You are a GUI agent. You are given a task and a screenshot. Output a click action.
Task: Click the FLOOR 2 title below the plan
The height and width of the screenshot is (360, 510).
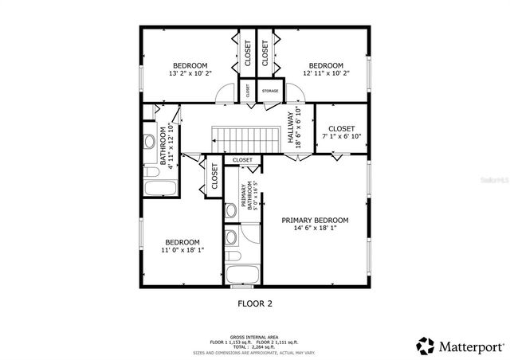coord(255,303)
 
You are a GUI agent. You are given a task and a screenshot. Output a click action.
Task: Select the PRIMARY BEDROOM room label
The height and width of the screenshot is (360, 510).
coord(315,220)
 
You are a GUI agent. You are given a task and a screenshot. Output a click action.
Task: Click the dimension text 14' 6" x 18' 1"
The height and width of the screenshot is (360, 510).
coord(315,229)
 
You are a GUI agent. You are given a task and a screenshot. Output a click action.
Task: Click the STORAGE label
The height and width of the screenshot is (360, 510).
coord(270,92)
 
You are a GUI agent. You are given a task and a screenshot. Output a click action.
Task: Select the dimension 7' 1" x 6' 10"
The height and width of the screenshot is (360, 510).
coord(341,136)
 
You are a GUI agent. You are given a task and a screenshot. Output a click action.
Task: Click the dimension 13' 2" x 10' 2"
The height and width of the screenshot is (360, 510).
coord(190,73)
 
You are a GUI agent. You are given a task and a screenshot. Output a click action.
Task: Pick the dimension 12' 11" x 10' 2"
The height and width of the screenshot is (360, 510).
coord(326,73)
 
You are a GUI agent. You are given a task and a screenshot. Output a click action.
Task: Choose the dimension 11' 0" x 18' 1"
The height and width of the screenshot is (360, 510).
coord(182,250)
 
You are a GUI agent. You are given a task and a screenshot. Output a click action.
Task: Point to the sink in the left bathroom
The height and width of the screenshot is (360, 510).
coord(149,143)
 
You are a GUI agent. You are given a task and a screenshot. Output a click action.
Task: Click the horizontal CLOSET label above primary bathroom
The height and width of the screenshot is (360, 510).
coord(243,160)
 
